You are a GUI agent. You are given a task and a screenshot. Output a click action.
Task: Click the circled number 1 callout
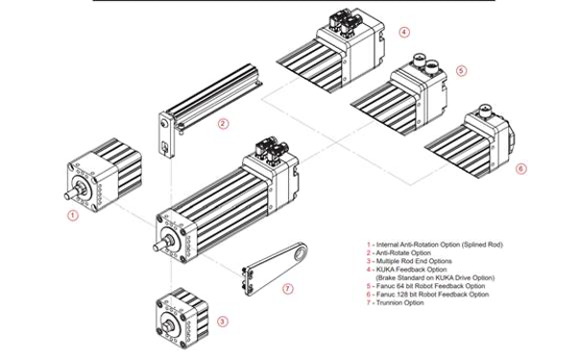click(x=72, y=217)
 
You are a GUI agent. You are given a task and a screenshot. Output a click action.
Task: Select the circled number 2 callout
click(x=223, y=123)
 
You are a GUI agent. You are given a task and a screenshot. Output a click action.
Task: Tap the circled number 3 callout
click(x=223, y=321)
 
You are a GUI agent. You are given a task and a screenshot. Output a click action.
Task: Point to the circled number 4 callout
click(x=404, y=32)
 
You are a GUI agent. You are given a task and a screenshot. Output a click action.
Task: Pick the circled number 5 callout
click(x=461, y=70)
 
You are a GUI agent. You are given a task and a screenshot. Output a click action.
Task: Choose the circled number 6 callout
click(x=521, y=168)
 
